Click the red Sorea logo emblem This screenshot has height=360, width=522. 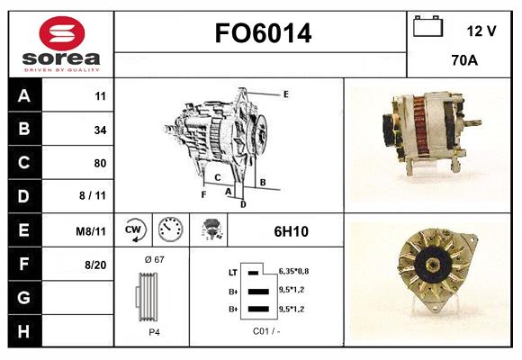[62, 33]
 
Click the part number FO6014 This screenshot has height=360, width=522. [263, 33]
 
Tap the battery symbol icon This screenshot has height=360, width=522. [427, 26]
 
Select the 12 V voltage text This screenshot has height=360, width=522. [481, 31]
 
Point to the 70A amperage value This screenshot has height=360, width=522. [464, 60]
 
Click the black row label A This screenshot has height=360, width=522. [24, 96]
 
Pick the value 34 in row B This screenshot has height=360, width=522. [100, 130]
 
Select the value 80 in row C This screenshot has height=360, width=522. [100, 163]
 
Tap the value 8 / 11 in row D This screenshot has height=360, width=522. [93, 195]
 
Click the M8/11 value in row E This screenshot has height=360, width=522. [91, 231]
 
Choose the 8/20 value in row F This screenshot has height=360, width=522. [95, 265]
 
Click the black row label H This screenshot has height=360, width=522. [24, 331]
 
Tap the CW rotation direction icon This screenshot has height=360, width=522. [133, 229]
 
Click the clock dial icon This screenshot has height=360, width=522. [171, 229]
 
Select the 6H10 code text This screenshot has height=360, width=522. [292, 231]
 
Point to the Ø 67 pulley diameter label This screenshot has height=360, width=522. [155, 259]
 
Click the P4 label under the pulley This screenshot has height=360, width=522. [154, 332]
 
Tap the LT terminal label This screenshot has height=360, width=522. [233, 273]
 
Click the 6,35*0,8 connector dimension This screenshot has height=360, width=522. [293, 272]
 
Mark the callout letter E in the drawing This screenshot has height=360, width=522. [286, 94]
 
